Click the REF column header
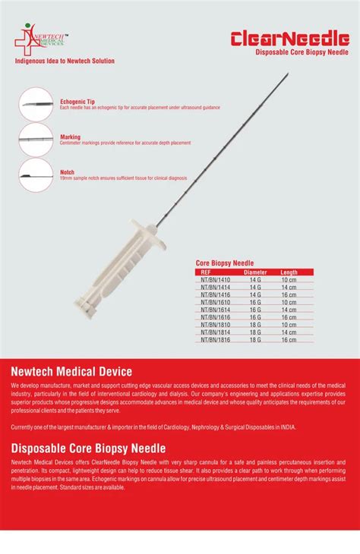[206, 271]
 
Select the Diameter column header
[255, 271]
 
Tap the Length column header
[289, 271]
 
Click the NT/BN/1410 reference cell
[215, 279]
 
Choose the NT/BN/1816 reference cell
[215, 340]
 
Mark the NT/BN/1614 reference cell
[215, 310]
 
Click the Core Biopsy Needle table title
[225, 262]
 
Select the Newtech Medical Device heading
[71, 371]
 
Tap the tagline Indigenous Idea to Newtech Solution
[65, 60]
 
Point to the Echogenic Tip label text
[77, 101]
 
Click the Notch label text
[67, 172]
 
